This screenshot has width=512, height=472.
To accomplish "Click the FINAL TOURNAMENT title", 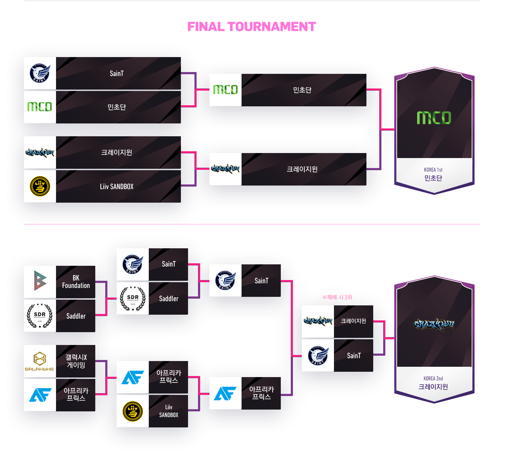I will (252, 27).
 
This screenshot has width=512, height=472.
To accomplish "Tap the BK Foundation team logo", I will (40, 281).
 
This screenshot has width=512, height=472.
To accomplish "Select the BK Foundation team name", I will (76, 281).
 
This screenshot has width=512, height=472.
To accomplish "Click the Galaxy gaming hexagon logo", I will (40, 360).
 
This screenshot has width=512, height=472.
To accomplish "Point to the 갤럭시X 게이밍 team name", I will (76, 361).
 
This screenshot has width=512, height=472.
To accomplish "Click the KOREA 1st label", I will (433, 170).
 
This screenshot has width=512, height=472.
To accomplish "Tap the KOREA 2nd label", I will (433, 379).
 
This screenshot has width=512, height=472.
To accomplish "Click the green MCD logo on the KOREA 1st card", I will (434, 118).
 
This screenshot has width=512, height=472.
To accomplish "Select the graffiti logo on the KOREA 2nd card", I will (434, 324).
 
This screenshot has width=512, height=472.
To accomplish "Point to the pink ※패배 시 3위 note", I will (337, 297).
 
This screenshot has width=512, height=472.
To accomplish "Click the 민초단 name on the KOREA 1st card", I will (433, 178).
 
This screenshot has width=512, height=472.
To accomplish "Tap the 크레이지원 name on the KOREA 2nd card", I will (433, 387).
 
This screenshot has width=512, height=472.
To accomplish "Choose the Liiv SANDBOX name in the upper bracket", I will (117, 187).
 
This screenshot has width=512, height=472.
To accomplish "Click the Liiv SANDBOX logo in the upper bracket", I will (40, 187).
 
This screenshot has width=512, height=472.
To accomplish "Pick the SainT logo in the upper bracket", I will (40, 73).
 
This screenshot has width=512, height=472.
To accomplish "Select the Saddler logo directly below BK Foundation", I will (40, 316).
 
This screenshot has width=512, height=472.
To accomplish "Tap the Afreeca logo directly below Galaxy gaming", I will (40, 395).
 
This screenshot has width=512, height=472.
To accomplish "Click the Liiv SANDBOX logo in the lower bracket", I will (133, 411).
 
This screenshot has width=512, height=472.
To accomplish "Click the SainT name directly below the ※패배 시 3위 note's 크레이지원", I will (354, 356).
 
